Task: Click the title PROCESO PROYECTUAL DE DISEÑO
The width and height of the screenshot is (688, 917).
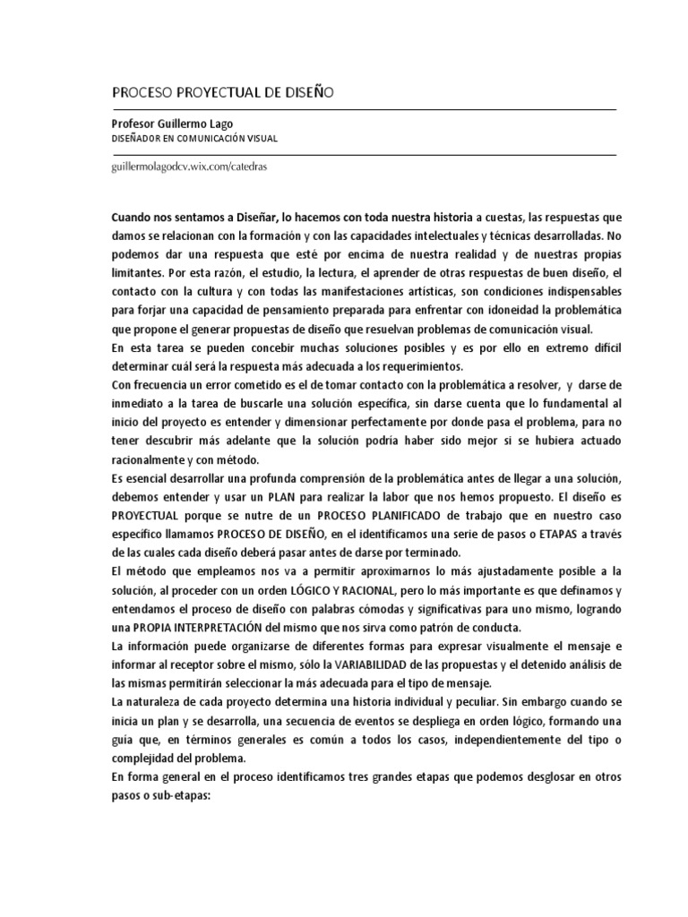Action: (222, 92)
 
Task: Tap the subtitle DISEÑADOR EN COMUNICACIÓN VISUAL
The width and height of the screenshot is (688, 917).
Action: (194, 139)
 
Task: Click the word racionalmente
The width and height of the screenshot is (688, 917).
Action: (153, 460)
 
